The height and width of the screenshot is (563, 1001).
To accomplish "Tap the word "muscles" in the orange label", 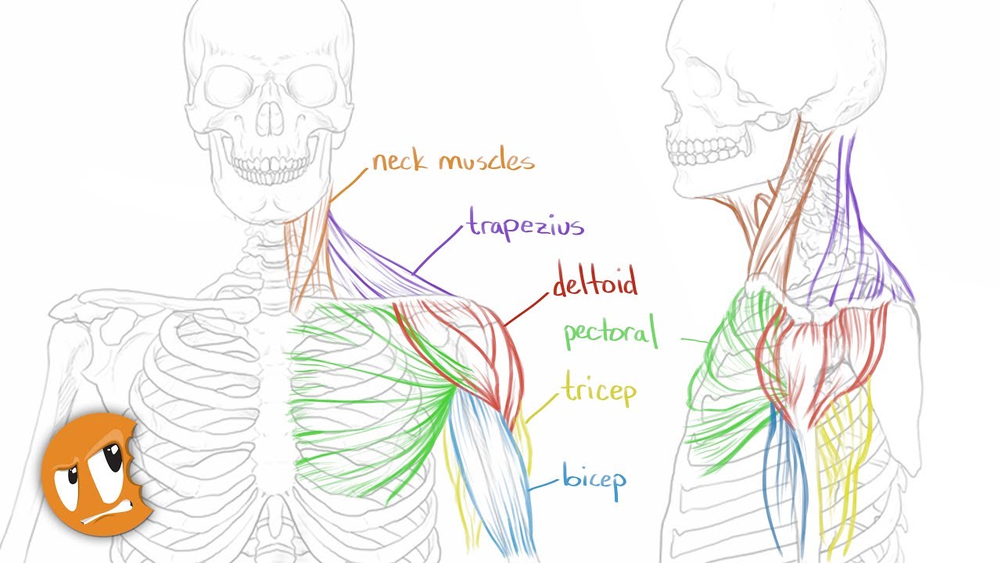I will click(x=486, y=162).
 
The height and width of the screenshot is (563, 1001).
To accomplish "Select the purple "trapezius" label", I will click(x=526, y=226).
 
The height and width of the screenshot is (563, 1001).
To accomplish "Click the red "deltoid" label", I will click(x=595, y=282).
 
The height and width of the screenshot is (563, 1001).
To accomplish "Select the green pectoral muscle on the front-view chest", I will click(x=368, y=391).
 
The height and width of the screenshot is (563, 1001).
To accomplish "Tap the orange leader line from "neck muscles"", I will click(x=349, y=185).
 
